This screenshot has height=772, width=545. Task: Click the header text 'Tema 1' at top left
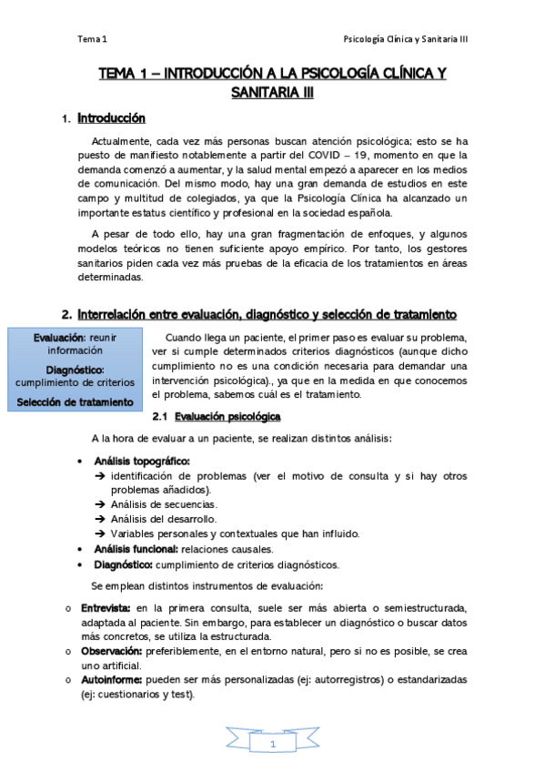[92, 40]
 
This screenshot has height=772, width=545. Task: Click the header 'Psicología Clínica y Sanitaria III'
[404, 40]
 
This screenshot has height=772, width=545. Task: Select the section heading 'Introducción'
[111, 118]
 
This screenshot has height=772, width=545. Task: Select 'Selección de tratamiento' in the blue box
[76, 401]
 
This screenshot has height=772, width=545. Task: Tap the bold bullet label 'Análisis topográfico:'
[142, 462]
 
